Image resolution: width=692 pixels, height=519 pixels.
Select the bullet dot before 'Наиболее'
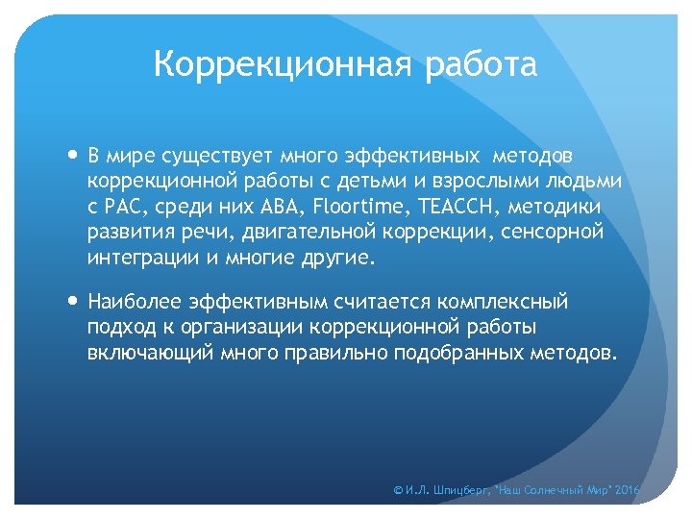pos(75,303)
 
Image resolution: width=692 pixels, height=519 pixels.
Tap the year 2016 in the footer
pos(626,491)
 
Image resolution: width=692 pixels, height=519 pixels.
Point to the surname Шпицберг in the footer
pos(457,491)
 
